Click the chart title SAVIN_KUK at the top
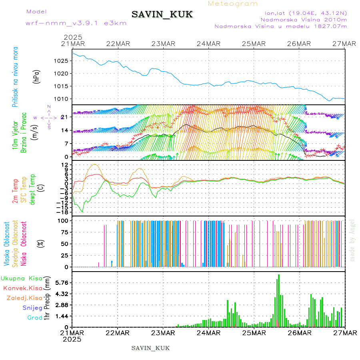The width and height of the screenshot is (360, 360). coord(162,15)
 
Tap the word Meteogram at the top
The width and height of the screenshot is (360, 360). coord(233,4)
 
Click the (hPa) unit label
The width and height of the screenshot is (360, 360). coord(37,76)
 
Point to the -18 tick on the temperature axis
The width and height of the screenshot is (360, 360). coord(63,212)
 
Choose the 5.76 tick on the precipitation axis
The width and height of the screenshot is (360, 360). coord(62,282)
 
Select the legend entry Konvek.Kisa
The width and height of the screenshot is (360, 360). coord(22,288)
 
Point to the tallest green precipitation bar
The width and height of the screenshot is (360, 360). coord(279,300)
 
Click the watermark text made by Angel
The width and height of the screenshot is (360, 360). coord(352,240)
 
